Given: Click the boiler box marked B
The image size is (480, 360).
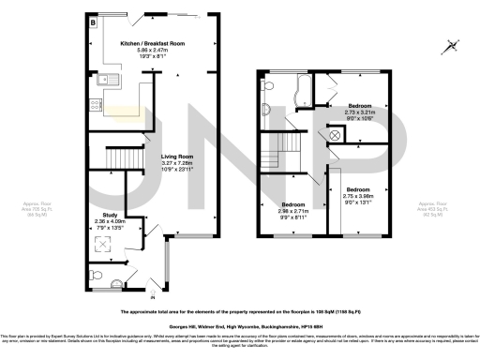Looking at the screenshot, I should tap(92, 19).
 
